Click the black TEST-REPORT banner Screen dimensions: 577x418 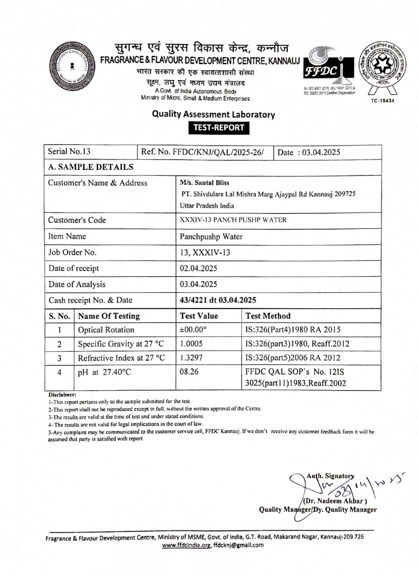[x=219, y=127]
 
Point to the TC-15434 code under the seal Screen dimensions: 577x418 [x=382, y=101]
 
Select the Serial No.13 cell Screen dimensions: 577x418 [x=69, y=151]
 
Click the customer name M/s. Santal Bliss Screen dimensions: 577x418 [x=205, y=183]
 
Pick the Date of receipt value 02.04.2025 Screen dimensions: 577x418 [x=198, y=268]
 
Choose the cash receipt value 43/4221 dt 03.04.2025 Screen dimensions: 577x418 [x=218, y=300]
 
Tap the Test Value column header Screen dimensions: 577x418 [x=199, y=316]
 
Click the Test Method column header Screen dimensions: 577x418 [x=268, y=316]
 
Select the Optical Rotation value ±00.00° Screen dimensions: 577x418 [x=193, y=330]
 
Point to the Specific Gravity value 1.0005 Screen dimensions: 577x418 [x=191, y=344]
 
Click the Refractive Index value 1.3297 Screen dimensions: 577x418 [x=191, y=358]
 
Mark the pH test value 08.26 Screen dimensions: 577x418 [x=189, y=372]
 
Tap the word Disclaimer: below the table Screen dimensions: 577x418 [x=62, y=394]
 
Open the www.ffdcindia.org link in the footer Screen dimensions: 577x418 [x=186, y=545]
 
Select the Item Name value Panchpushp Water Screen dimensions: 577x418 [x=211, y=236]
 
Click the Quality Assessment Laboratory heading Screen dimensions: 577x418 [x=213, y=114]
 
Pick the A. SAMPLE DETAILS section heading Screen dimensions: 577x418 [x=91, y=167]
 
